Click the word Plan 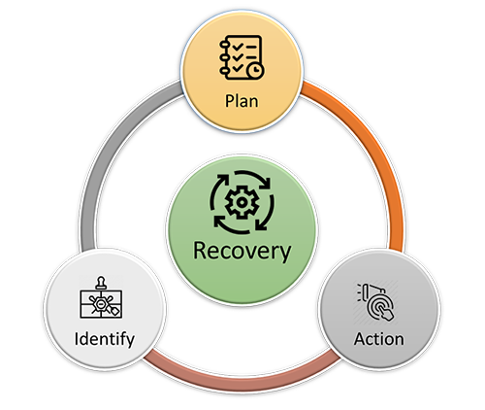click(x=242, y=101)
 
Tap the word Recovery click(x=242, y=251)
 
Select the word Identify click(x=105, y=340)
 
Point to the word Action click(x=379, y=339)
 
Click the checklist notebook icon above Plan click(x=242, y=57)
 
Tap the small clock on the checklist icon click(x=255, y=70)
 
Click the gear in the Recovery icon click(x=242, y=202)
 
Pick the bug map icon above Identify click(x=101, y=297)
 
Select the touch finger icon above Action click(x=376, y=302)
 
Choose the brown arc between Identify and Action click(x=242, y=379)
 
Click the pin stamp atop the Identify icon click(x=101, y=283)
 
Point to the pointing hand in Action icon click(x=387, y=313)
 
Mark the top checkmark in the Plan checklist click(x=238, y=47)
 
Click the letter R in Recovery click(x=201, y=251)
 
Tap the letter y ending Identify click(x=130, y=342)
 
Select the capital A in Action click(x=360, y=339)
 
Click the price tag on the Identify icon click(x=115, y=311)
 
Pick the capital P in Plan click(x=230, y=101)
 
